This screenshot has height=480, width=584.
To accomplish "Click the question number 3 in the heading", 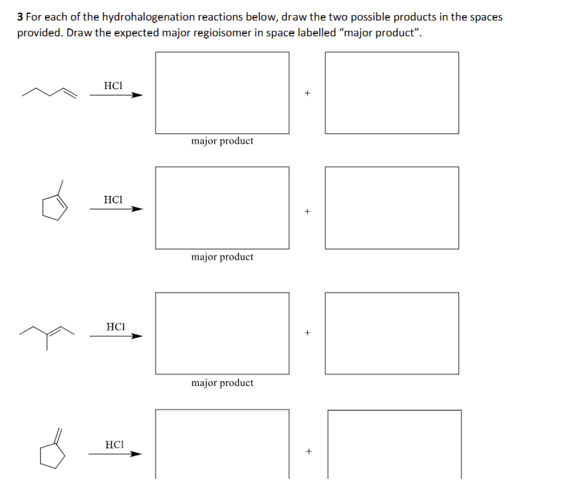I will (x=20, y=17).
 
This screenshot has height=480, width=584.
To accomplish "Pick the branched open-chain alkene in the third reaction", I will (x=47, y=334).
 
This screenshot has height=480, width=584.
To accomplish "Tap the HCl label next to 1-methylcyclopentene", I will (x=113, y=199).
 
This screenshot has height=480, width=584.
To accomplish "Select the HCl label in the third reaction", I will (x=115, y=326).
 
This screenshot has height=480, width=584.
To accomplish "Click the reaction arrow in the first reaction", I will (x=116, y=95).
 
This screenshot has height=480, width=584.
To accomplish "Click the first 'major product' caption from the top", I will (x=222, y=141).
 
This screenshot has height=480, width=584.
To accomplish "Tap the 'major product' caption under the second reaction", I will (x=222, y=257).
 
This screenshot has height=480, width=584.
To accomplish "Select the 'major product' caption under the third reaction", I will (x=222, y=383).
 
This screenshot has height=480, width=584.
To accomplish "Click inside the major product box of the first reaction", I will (x=222, y=92).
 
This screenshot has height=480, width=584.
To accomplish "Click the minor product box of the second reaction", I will (x=392, y=208).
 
